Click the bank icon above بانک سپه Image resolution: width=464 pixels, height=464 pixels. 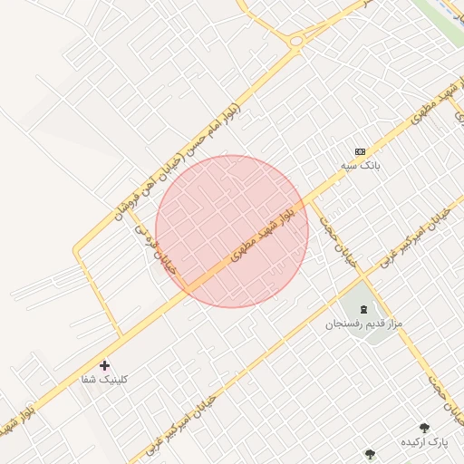point(360,151)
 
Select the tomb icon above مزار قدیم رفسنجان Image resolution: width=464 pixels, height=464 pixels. point(351,309)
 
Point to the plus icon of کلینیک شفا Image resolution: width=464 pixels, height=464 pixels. point(105,365)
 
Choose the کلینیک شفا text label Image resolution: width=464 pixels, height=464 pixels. point(105,379)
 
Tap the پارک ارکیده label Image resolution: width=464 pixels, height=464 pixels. point(425,441)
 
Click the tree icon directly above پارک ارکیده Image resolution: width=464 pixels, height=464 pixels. point(423,427)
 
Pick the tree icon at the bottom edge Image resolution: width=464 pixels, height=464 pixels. point(369,453)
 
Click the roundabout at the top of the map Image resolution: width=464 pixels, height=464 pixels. point(296,40)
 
